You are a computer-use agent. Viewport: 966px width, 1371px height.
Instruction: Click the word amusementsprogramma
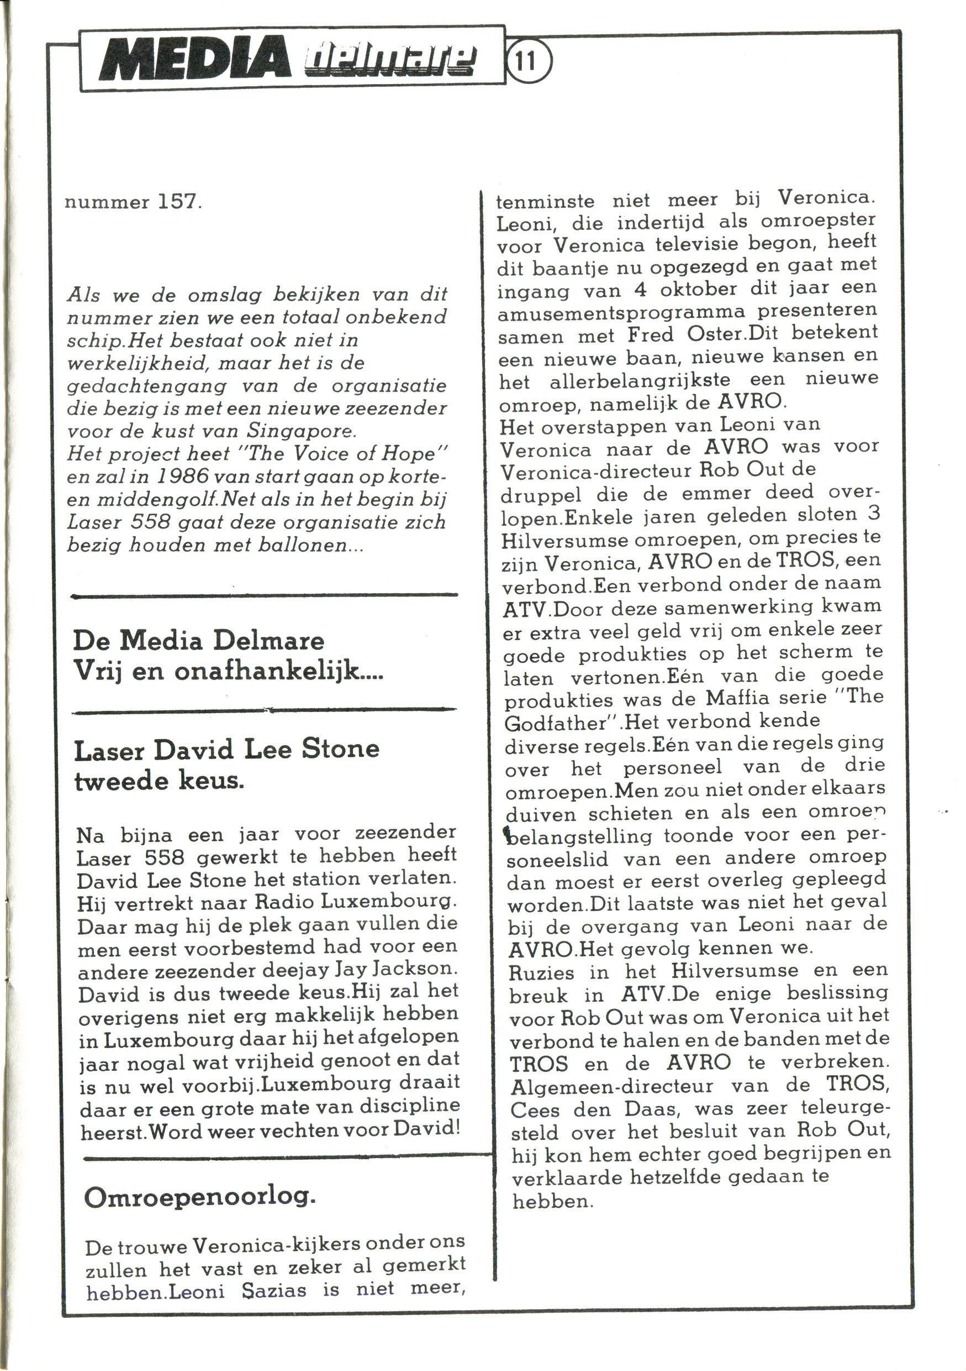(621, 313)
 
